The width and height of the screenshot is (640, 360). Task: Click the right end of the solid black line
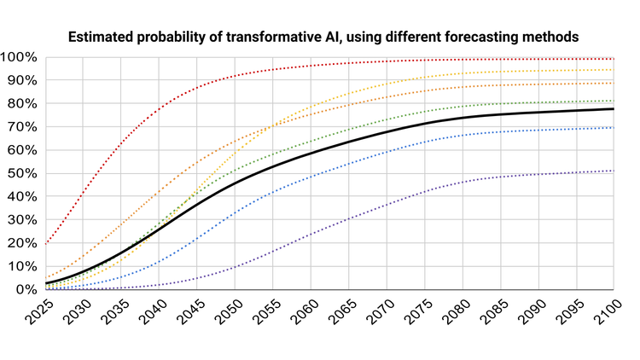[x=614, y=109]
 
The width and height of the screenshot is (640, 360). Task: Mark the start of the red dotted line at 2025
[x=44, y=244]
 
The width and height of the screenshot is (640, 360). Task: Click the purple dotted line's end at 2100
[x=614, y=171]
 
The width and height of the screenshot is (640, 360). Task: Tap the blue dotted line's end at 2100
[x=614, y=128]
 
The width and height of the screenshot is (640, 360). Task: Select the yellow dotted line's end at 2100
[x=614, y=70]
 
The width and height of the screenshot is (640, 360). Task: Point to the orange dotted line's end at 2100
[x=614, y=83]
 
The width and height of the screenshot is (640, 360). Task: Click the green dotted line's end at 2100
[x=614, y=102]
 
